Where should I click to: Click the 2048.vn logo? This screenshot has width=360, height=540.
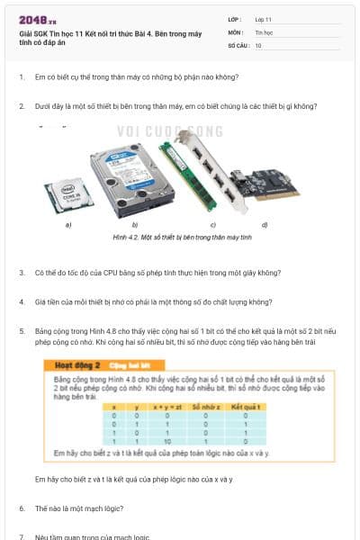pos(38,19)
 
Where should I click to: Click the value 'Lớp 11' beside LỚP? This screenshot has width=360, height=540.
pos(264,19)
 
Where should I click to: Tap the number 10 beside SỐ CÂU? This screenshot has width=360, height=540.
pos(258,44)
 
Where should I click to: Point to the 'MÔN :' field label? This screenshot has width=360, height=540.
pos(236,31)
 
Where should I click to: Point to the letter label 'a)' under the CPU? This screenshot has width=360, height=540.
pos(69,224)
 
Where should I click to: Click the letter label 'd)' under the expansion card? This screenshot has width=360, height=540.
pos(264,223)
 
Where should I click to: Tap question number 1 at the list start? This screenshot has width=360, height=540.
pos(22,77)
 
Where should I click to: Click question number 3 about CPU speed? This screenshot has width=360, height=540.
pos(22,272)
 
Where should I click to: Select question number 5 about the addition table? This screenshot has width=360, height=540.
pos(22,331)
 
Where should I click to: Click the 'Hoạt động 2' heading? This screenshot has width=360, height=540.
pos(77,366)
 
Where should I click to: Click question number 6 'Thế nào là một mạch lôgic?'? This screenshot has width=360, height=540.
pos(22,508)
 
